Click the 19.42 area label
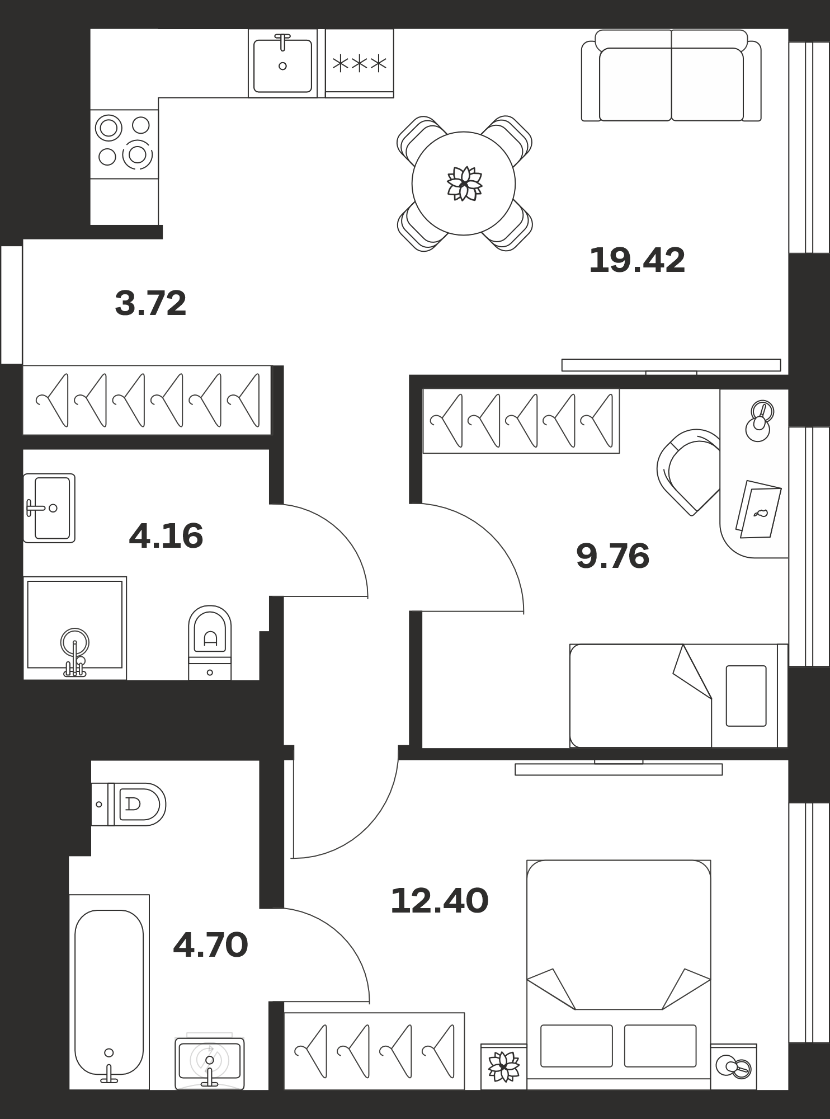click(x=637, y=260)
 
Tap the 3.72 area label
click(x=150, y=303)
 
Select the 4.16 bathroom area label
click(x=166, y=536)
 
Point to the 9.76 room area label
click(x=612, y=556)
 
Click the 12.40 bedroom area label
click(x=440, y=901)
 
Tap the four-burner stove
click(x=124, y=144)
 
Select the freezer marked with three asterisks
click(x=360, y=63)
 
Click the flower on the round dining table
click(x=464, y=184)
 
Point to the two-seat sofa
click(x=671, y=75)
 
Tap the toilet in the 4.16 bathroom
click(x=210, y=642)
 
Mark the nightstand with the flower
click(x=503, y=1066)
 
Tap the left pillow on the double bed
click(x=577, y=1046)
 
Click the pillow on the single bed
click(x=746, y=696)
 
